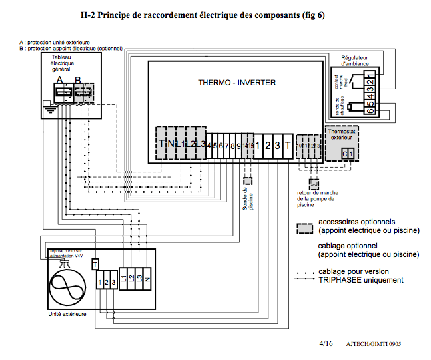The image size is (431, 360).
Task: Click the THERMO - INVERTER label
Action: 236,83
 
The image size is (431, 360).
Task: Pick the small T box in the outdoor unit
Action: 95,264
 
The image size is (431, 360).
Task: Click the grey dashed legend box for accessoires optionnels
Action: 305,227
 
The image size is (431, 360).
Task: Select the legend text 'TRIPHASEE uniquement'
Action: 361,280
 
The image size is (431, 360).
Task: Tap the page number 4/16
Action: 326,343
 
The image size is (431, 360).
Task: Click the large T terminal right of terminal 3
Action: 286,146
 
